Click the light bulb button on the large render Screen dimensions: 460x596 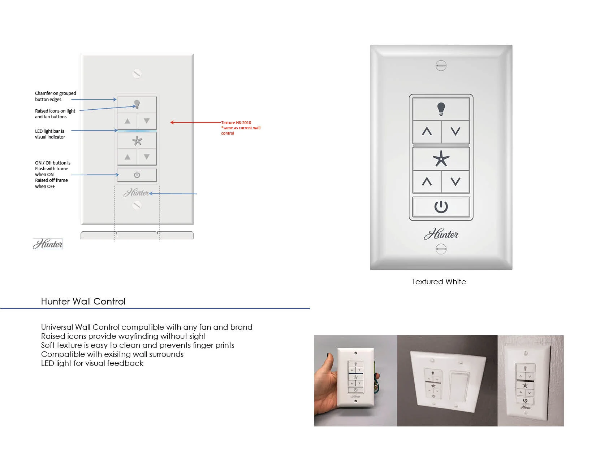click(441, 109)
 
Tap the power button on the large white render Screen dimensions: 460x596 click(441, 207)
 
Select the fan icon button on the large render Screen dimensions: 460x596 click(441, 159)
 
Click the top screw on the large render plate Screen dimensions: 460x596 click(441, 65)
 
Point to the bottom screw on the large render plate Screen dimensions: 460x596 click(441, 249)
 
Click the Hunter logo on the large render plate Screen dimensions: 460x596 click(441, 235)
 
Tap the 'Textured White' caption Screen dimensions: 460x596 click(439, 282)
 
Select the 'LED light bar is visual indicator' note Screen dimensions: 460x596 click(50, 134)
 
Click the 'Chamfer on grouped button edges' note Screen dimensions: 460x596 click(55, 96)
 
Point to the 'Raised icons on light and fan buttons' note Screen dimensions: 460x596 click(55, 114)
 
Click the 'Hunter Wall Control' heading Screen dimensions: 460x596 click(83, 301)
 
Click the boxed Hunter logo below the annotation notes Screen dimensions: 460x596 click(48, 244)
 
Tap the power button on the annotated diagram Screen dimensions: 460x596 click(137, 175)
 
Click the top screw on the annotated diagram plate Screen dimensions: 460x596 click(137, 74)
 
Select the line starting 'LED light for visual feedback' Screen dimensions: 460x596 click(92, 363)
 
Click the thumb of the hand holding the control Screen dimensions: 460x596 click(328, 361)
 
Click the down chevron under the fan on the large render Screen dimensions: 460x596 click(455, 181)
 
